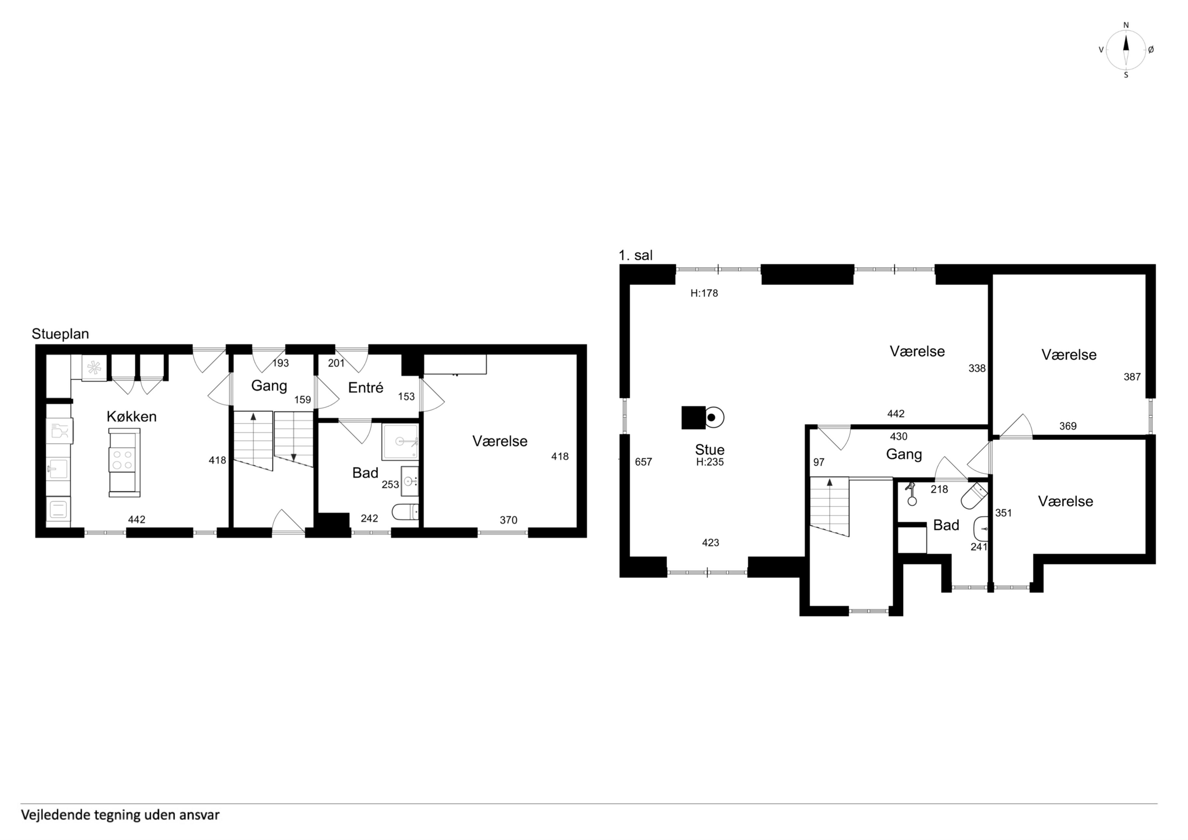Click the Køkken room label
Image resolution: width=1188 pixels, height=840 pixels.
(x=132, y=417)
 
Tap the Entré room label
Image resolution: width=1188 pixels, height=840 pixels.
(x=365, y=388)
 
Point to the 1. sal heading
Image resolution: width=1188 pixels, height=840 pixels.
(x=635, y=255)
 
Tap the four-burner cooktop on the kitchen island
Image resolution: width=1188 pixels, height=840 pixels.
(x=124, y=460)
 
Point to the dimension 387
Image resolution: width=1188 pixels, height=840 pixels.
(x=1132, y=377)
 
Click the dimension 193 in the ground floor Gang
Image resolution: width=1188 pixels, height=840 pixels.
(x=280, y=363)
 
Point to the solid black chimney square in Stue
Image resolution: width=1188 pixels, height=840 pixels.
(x=693, y=418)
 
